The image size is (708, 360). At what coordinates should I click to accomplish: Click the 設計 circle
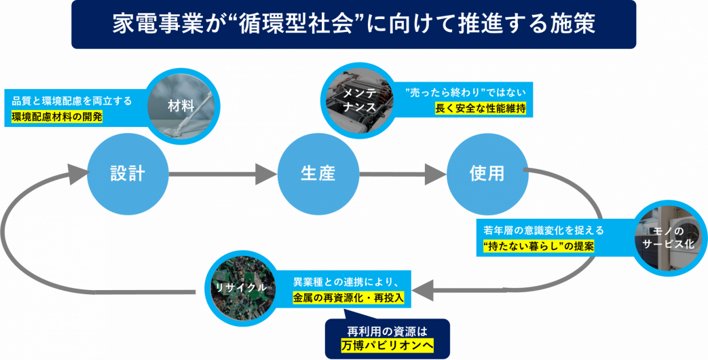pos(128,173)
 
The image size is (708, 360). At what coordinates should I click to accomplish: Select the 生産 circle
pos(318,173)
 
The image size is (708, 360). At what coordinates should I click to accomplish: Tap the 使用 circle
pos(487,173)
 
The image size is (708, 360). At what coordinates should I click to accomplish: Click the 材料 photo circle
pos(181,105)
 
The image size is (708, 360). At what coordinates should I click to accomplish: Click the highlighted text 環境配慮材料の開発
pos(57,116)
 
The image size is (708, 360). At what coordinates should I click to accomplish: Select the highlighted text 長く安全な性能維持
pos(481,108)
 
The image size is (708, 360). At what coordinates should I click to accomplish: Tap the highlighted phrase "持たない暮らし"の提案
pos(539,246)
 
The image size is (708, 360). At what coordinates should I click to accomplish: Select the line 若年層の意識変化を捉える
pos(544,230)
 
